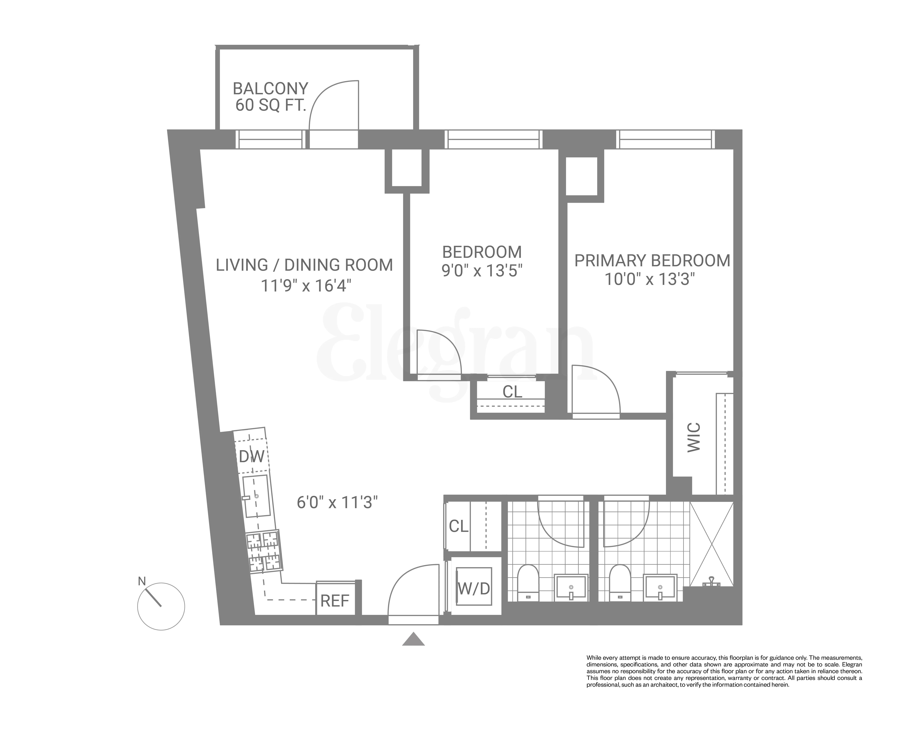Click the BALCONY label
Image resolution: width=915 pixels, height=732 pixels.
point(270,89)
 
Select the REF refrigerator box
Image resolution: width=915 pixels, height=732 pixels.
point(335,600)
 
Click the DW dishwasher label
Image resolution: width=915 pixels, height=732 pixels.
point(252,457)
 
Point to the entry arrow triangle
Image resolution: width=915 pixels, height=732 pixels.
point(413,639)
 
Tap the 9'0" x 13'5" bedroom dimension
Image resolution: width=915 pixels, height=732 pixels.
point(482,270)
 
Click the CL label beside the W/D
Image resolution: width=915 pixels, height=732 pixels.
point(458,526)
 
